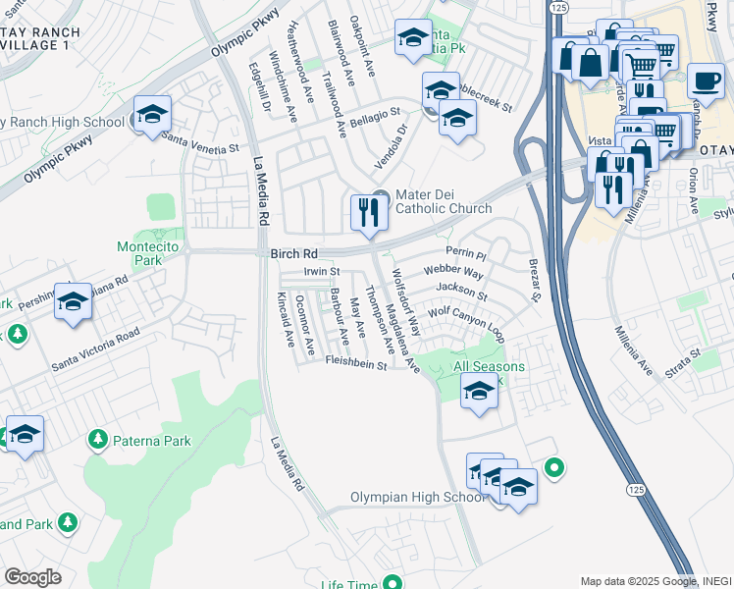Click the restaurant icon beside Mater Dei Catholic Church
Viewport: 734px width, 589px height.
click(368, 212)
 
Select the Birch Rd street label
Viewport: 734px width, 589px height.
click(293, 253)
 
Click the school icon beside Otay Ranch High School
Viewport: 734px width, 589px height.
click(152, 116)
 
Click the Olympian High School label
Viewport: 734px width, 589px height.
click(418, 498)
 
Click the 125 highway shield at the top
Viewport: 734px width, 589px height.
click(557, 7)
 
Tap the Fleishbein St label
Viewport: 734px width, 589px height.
click(356, 364)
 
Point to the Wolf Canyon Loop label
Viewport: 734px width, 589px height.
click(465, 323)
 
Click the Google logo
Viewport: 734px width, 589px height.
click(32, 576)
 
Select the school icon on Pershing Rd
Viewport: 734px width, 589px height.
click(73, 303)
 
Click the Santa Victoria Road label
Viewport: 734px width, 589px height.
click(95, 350)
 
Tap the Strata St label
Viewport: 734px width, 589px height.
click(681, 354)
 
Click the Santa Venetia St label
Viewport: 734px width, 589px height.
click(201, 143)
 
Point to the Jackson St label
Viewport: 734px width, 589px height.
click(462, 292)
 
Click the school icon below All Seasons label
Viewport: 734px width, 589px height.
click(479, 393)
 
